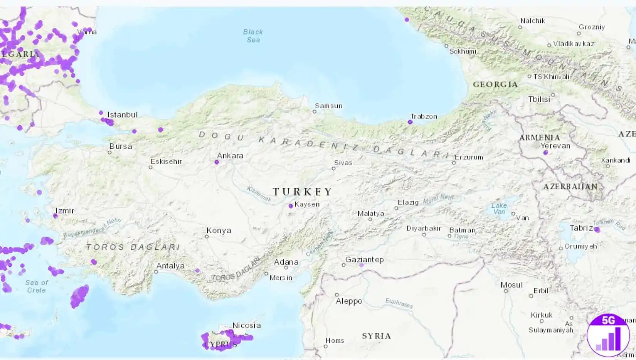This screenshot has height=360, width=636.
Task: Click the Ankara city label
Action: [230, 156]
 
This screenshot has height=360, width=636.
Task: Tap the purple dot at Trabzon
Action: [410, 122]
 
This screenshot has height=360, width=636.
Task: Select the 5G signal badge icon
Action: [608, 335]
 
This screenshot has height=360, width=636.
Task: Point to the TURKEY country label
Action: [303, 192]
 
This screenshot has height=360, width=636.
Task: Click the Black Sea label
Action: [253, 36]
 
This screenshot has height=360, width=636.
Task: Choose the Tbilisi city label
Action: [539, 99]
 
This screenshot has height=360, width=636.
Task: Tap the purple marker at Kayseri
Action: [291, 206]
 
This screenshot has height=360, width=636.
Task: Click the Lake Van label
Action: [499, 209]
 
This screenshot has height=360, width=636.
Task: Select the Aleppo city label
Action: [349, 301]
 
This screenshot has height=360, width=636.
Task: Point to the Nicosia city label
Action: [246, 325]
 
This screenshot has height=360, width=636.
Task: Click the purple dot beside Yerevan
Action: [545, 153]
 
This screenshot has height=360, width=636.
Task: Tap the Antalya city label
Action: [170, 266]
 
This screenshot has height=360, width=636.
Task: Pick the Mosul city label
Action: [511, 285]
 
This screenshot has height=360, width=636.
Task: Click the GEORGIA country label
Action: [495, 84]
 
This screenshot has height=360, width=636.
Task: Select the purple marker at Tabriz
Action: [597, 230]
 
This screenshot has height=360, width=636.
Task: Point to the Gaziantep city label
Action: [364, 259]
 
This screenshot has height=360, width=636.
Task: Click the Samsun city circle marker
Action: [315, 112]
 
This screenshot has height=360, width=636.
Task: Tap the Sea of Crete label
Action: [37, 286]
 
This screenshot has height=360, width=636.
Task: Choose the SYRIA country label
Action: [376, 336]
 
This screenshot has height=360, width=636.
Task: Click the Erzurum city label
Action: [469, 157]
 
